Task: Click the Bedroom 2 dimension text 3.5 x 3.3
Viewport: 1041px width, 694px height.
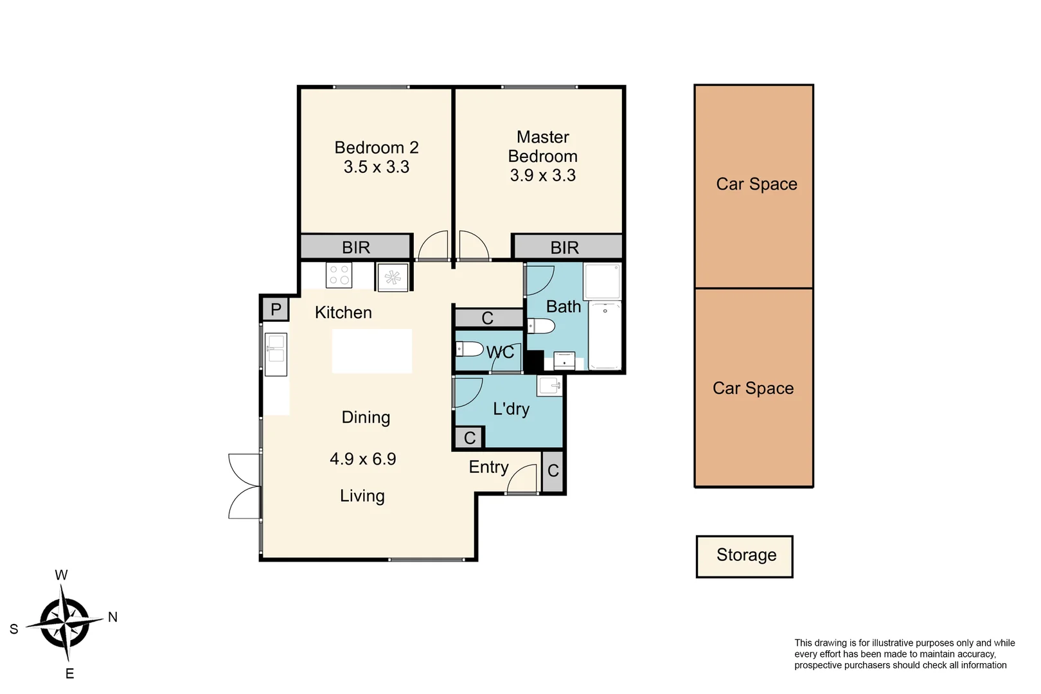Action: pyautogui.click(x=376, y=167)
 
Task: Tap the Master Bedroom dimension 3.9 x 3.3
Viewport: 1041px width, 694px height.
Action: pyautogui.click(x=542, y=175)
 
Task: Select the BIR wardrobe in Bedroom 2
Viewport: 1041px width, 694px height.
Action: pyautogui.click(x=356, y=247)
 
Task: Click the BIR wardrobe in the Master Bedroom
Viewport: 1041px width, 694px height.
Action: pyautogui.click(x=565, y=247)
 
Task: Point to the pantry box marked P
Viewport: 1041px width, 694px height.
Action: pyautogui.click(x=276, y=310)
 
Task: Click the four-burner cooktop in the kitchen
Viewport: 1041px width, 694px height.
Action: pyautogui.click(x=339, y=275)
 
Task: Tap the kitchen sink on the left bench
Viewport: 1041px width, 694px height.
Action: pyautogui.click(x=276, y=353)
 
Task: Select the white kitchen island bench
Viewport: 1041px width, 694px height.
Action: pyautogui.click(x=371, y=351)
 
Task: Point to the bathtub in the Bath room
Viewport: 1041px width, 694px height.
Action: pyautogui.click(x=605, y=335)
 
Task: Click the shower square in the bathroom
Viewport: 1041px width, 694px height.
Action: pyautogui.click(x=602, y=281)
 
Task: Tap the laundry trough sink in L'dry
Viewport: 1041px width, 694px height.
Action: pyautogui.click(x=550, y=386)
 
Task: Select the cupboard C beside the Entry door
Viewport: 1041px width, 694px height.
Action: pyautogui.click(x=553, y=471)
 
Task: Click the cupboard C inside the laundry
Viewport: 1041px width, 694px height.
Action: pyautogui.click(x=470, y=438)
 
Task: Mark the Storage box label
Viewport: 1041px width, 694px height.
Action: pyautogui.click(x=746, y=555)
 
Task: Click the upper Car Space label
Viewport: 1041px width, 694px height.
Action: pyautogui.click(x=756, y=184)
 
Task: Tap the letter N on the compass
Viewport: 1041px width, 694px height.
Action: pyautogui.click(x=112, y=617)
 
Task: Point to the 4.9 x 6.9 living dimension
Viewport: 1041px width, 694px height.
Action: pyautogui.click(x=363, y=459)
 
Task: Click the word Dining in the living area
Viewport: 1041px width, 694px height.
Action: pyautogui.click(x=366, y=418)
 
